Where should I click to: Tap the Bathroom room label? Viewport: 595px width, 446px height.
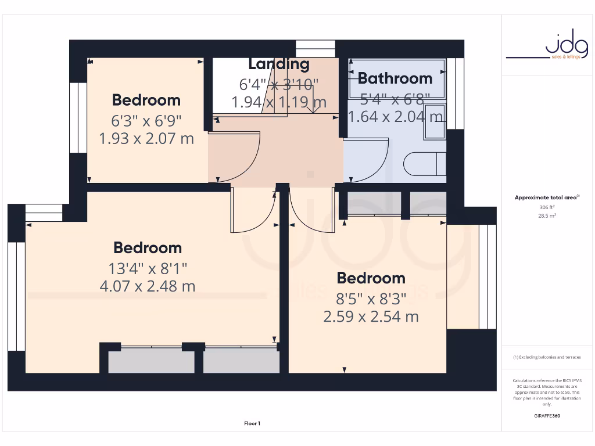tap(395, 78)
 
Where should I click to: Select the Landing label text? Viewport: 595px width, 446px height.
tap(279, 64)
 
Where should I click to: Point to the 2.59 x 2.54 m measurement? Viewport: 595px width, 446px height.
tap(371, 317)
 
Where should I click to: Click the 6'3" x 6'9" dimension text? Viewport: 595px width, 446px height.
tap(146, 121)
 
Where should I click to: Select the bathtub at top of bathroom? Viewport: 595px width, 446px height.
tap(396, 78)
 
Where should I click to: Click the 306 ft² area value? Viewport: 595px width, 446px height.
tap(547, 207)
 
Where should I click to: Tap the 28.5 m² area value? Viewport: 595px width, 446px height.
tap(547, 215)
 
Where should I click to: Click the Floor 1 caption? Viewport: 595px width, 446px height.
tap(252, 424)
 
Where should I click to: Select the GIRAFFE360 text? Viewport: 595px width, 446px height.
tap(547, 416)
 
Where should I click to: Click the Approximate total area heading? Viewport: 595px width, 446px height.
tap(547, 197)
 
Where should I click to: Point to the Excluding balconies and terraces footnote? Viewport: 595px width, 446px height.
tap(547, 357)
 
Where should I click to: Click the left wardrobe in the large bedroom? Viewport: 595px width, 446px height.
tap(152, 361)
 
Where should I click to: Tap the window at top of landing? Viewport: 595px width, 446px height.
tap(316, 48)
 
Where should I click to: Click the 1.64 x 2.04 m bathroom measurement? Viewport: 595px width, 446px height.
tap(395, 117)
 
